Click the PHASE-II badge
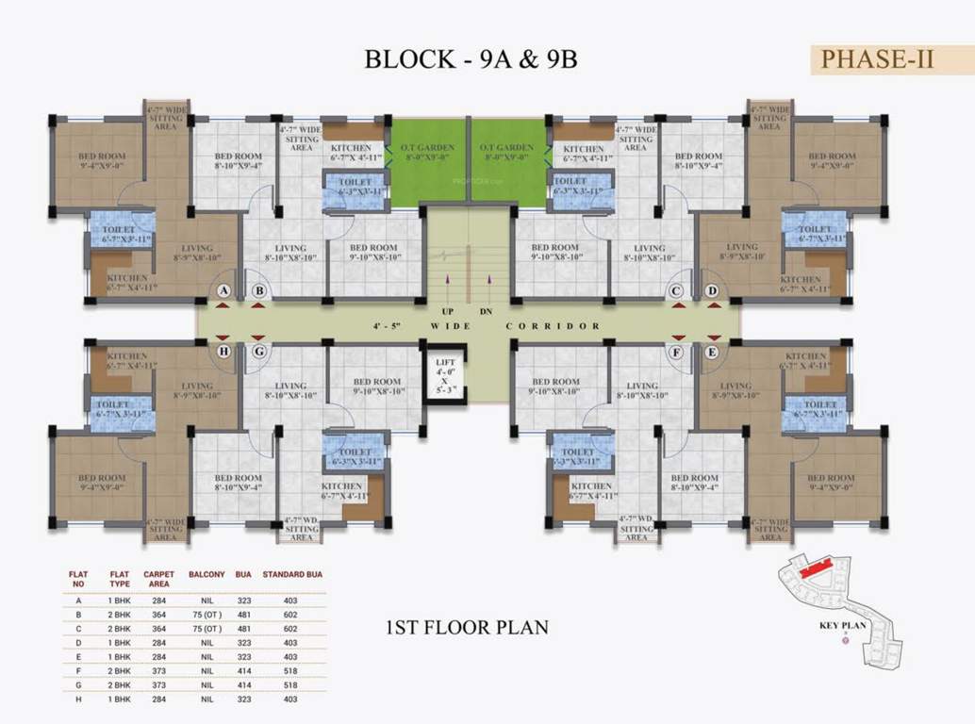coord(878,58)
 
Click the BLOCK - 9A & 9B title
coord(471,58)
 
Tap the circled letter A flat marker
coord(223,291)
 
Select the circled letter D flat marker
coord(712,291)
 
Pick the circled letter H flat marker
coord(223,352)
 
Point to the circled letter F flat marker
coord(676,352)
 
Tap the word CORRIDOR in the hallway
coord(553,326)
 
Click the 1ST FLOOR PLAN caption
coord(467,627)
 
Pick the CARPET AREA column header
coord(158,578)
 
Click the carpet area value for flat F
coord(158,669)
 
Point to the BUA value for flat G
coord(242,684)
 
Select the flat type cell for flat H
coord(119,699)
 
